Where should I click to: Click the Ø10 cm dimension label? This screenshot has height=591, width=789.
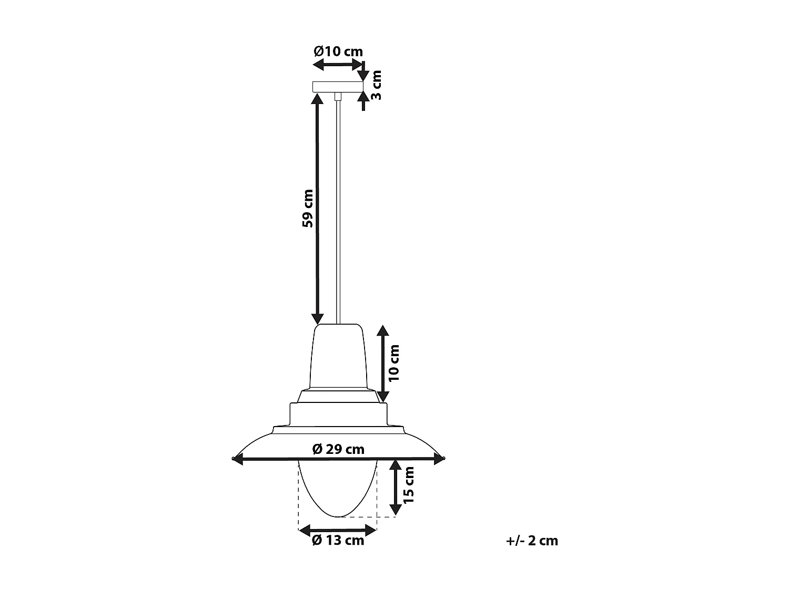[x=338, y=51]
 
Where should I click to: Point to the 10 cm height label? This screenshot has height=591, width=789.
[x=394, y=362]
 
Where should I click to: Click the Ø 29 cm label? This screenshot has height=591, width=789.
[x=338, y=449]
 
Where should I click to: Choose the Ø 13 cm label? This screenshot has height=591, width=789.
[x=338, y=541]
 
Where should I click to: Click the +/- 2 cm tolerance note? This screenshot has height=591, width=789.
[x=532, y=541]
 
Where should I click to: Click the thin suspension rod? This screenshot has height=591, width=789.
[x=338, y=210]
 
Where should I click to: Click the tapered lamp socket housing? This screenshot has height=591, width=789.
[x=338, y=357]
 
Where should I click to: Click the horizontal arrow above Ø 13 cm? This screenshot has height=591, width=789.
[x=338, y=530]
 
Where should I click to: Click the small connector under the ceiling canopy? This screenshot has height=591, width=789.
[x=338, y=97]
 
